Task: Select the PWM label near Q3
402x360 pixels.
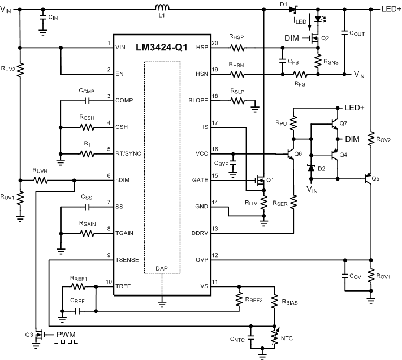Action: click(66, 335)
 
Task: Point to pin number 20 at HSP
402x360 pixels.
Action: click(214, 44)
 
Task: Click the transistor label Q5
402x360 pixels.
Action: click(376, 179)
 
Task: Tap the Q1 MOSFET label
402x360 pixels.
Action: click(270, 180)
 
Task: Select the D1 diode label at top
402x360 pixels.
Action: click(283, 5)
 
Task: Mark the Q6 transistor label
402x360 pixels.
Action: click(299, 154)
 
